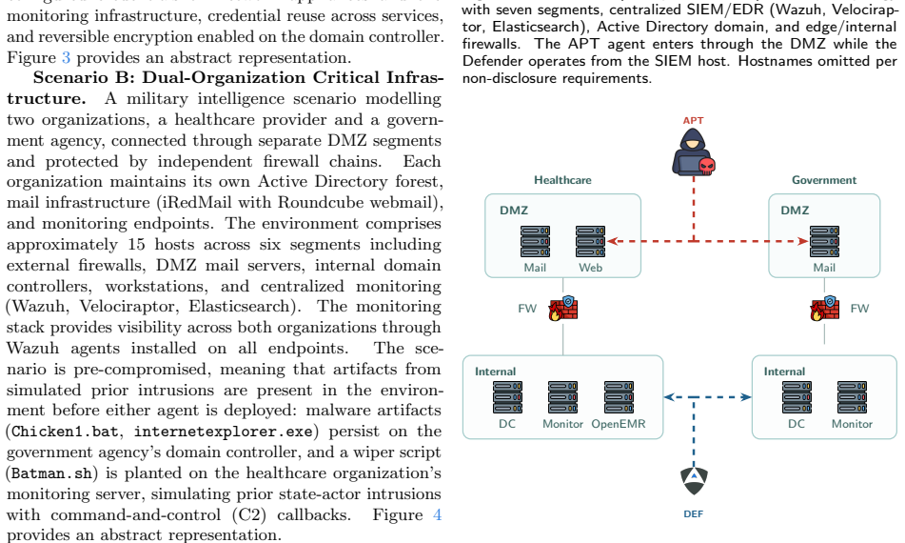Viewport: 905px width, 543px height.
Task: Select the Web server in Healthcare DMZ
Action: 590,241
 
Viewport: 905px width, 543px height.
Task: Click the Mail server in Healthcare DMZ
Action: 535,241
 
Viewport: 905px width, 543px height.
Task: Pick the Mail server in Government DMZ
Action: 824,241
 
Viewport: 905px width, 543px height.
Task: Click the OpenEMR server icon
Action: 619,397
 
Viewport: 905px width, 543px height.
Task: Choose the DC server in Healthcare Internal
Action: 507,397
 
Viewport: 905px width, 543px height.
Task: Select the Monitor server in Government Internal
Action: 852,397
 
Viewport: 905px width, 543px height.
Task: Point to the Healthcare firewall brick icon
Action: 563,309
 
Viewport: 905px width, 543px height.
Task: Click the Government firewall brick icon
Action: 825,309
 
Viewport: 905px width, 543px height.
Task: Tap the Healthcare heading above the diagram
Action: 562,180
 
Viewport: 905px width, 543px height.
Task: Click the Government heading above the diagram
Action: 824,180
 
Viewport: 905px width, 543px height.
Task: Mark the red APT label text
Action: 693,121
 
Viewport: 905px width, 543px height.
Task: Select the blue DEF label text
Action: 693,514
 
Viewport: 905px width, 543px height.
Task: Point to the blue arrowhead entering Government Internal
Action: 746,397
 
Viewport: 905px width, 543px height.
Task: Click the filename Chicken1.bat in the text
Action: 65,432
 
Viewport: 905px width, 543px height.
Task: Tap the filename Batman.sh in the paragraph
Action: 51,473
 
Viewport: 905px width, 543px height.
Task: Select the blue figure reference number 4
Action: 437,514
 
